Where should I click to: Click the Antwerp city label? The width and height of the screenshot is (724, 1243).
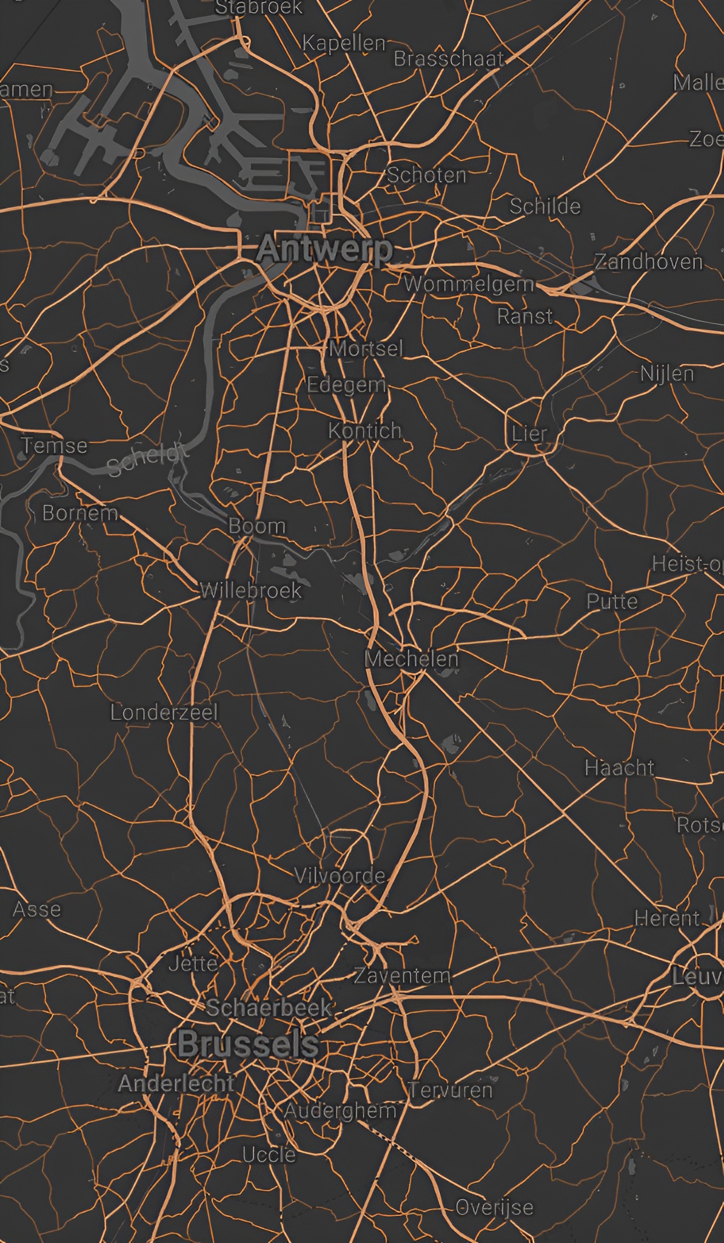pos(325,249)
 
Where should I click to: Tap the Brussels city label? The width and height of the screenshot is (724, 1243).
pos(248,1045)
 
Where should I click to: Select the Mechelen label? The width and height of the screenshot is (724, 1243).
pos(412,659)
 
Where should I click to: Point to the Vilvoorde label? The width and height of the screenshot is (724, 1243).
pos(340,875)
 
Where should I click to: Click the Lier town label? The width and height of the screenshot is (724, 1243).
pos(529,434)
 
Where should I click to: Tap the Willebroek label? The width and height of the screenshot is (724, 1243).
pos(250,591)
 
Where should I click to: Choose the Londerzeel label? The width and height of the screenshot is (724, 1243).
pos(164,713)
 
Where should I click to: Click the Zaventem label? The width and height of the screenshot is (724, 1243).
pos(403,975)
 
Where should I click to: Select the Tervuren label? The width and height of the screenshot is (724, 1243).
pos(451,1090)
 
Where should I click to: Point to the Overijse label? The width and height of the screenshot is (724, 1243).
pos(494,1207)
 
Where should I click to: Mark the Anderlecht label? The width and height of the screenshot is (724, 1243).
pos(176,1083)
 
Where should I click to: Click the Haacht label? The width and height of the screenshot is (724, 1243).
pos(620,768)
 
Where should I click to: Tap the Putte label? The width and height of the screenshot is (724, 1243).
pos(612,601)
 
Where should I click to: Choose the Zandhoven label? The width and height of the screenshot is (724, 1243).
pos(649,262)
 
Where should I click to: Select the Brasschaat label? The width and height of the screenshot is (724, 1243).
pos(449,59)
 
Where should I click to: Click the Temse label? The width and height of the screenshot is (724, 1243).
pos(55,446)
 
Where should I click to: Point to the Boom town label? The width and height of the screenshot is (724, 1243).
pos(257,526)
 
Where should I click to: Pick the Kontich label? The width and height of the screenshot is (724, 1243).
pos(365,431)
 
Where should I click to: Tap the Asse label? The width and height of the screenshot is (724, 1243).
pos(37,909)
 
